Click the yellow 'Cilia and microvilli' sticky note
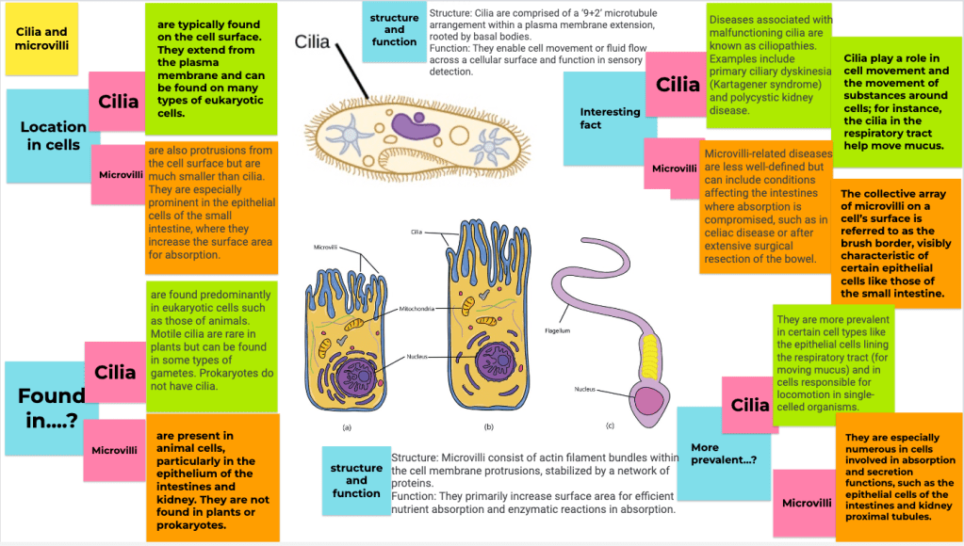[x=41, y=39]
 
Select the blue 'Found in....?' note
[x=47, y=408]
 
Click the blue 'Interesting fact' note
[x=609, y=119]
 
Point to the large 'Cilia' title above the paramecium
[x=313, y=41]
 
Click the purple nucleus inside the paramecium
[x=410, y=123]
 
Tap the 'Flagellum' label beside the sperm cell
[x=558, y=331]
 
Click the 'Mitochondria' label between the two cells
[x=416, y=309]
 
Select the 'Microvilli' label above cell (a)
[x=327, y=248]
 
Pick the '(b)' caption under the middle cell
[x=488, y=426]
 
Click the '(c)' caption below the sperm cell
[x=610, y=426]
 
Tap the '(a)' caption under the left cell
[x=347, y=427]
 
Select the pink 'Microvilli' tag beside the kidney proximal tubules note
[x=807, y=503]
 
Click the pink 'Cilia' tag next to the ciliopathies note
[x=678, y=85]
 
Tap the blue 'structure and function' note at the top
[x=394, y=30]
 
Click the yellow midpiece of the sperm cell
[x=649, y=356]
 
